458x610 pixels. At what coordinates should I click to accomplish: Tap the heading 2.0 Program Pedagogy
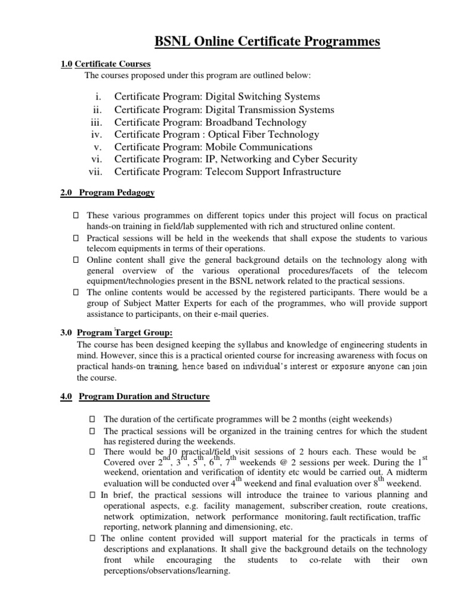tap(108, 192)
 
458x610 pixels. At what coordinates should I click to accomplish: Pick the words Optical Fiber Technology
tap(264, 135)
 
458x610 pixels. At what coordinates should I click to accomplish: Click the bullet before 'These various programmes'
tap(76, 215)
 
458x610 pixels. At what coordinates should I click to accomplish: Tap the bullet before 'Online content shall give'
tap(76, 260)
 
